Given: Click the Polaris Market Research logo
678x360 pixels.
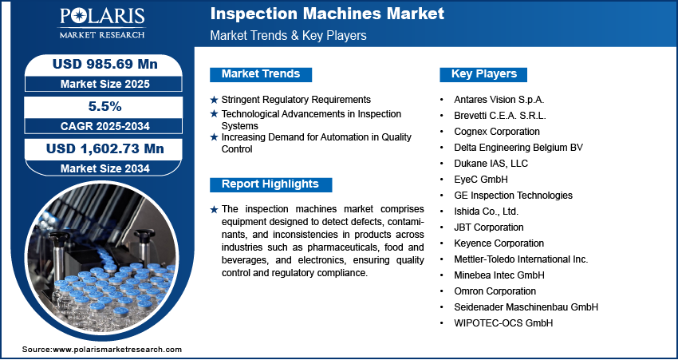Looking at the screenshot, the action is tap(102, 22).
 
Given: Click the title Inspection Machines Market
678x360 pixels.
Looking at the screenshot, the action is tap(327, 14).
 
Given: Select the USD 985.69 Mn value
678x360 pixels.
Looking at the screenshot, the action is tap(105, 64).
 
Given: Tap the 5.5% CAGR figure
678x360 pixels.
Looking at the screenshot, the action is tap(104, 106).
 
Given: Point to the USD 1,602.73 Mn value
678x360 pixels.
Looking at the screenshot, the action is tap(105, 148).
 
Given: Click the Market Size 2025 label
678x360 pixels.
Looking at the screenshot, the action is tap(104, 84).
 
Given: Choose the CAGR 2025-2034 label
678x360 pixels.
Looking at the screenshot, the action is tap(104, 126).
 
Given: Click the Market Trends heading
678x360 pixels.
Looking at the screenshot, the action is tap(261, 74).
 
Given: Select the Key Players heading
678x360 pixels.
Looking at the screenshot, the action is tap(484, 74).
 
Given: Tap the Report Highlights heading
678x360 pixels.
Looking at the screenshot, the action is tap(270, 184).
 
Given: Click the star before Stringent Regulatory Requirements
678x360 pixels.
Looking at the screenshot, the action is tap(214, 100).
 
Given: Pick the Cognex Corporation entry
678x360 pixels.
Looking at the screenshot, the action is tap(497, 132).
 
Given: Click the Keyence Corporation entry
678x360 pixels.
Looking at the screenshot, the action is tap(499, 243).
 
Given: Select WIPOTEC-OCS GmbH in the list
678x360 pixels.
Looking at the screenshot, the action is tap(503, 323).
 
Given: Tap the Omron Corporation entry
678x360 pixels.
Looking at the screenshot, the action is tap(495, 291).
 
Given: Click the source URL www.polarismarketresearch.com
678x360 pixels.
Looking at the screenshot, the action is tap(117, 350).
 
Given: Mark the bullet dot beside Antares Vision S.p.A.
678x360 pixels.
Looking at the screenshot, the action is tap(441, 100).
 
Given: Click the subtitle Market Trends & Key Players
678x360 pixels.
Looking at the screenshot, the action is tap(289, 35).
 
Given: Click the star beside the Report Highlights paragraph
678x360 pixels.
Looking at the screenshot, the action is tap(214, 210).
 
